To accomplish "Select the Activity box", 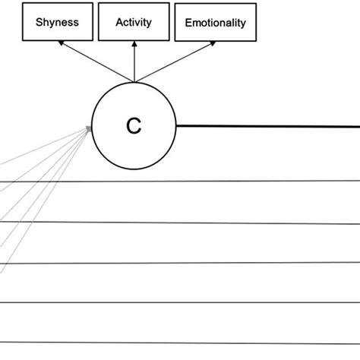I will click(134, 22).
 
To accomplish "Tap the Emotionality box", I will click(216, 23).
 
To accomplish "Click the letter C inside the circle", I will click(134, 126).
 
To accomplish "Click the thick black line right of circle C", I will click(266, 126).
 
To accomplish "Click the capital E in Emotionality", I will click(189, 23).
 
